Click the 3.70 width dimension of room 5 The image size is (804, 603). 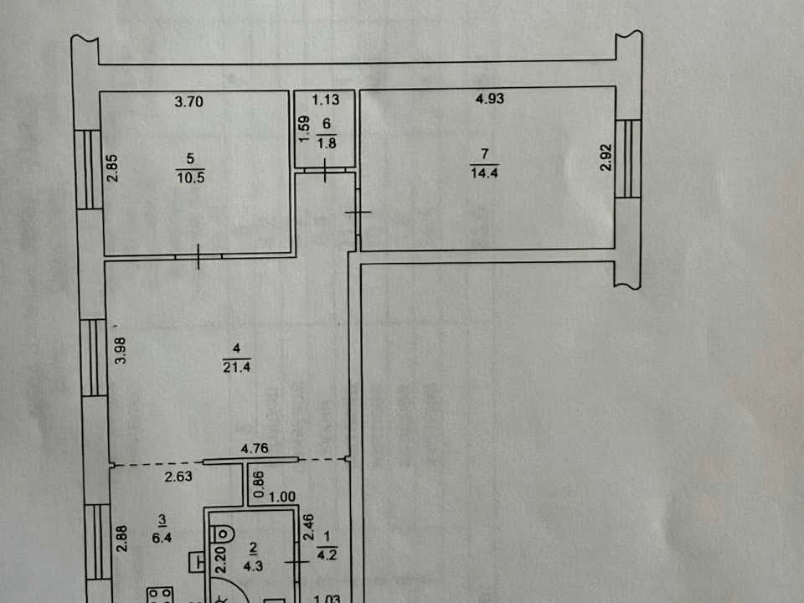(188, 101)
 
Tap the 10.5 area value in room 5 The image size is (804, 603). (191, 178)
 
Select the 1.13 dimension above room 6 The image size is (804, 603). (326, 100)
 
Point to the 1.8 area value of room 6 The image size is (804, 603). (327, 143)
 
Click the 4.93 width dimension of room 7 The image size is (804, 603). (490, 99)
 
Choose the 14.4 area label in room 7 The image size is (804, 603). (484, 173)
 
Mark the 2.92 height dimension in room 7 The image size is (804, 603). (606, 157)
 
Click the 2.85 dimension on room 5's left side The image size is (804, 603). (112, 168)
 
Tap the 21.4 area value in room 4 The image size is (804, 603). (236, 367)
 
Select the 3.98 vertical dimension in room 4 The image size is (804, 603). (120, 351)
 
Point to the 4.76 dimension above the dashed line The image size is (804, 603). (255, 449)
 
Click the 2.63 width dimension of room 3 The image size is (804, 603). (178, 477)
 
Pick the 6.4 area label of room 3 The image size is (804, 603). (162, 538)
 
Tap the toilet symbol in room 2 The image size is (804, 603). (223, 533)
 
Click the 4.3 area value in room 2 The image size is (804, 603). (253, 566)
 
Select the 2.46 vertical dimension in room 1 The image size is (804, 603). (308, 528)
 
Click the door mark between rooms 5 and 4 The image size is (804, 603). (198, 256)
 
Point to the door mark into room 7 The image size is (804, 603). (358, 212)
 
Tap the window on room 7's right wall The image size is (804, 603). (628, 159)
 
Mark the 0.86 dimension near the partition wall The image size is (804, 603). (259, 485)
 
